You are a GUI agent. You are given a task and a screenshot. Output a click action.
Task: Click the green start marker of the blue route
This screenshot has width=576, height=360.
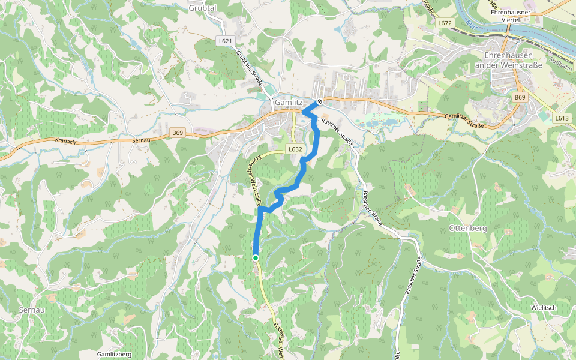point(256,258)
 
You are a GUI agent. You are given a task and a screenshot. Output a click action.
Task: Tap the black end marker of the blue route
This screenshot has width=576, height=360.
point(320,101)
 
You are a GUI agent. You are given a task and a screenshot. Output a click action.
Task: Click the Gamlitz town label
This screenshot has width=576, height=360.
point(289,103)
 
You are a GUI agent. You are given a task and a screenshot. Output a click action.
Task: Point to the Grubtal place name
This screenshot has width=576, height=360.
point(202,8)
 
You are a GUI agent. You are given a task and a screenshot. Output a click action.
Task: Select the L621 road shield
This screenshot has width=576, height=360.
point(224,40)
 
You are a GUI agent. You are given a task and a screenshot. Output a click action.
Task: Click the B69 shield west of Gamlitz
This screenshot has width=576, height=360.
point(177,133)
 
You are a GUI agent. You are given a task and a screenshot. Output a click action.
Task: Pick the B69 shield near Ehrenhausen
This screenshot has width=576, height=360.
point(520,97)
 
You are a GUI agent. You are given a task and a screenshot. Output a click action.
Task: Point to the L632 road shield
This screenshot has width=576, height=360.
point(295,149)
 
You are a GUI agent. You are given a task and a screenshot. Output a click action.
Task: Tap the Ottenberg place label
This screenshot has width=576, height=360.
point(467,229)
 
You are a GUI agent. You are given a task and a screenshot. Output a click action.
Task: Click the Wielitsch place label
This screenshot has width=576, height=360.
point(544,308)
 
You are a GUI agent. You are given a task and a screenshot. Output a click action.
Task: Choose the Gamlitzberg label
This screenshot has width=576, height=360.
point(114,354)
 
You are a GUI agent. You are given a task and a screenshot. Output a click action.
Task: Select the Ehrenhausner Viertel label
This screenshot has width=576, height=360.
point(512,16)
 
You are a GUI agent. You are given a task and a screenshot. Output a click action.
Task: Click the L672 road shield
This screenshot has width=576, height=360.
point(445,23)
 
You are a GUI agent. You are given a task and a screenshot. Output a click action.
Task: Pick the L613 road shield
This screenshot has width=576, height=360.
point(562,118)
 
